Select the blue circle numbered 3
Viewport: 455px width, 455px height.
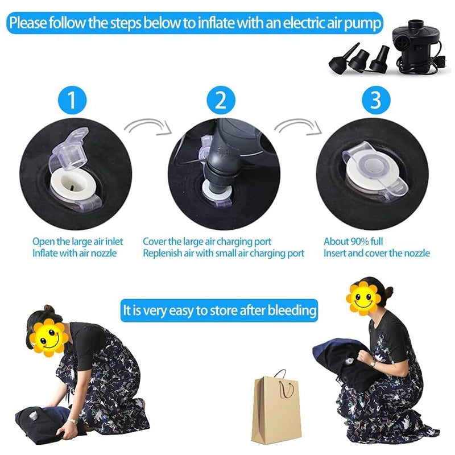375,101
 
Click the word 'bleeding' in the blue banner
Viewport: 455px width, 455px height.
292,311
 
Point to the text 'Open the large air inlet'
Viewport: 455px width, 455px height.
77,241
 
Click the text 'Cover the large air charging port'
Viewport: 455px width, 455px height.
207,241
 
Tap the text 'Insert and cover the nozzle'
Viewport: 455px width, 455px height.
377,253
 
